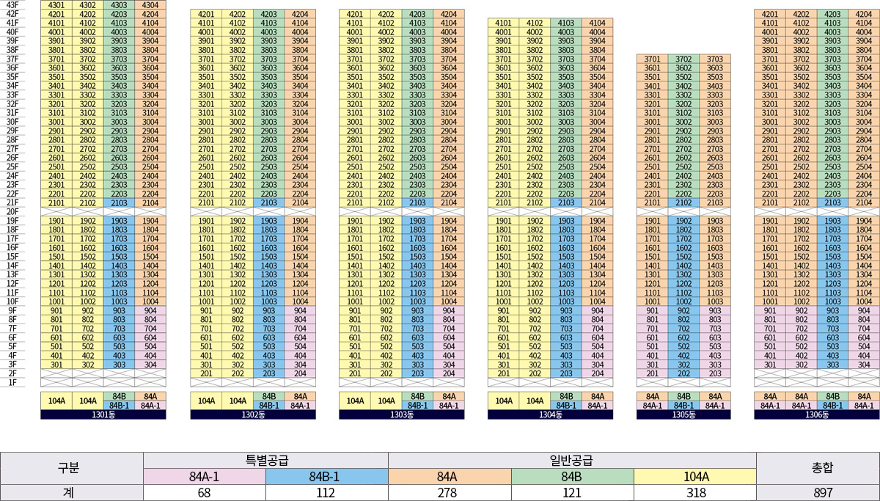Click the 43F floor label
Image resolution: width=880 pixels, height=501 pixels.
point(12,5)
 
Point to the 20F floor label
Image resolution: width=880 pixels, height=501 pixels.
point(12,211)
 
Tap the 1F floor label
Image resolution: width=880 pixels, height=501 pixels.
point(12,382)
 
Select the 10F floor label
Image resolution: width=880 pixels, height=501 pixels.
point(12,301)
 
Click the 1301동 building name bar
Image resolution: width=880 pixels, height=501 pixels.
point(103,414)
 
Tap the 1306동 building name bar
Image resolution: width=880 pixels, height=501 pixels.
point(816,414)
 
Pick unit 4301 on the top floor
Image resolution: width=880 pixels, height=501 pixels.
point(56,5)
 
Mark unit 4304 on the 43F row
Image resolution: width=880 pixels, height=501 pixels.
point(150,5)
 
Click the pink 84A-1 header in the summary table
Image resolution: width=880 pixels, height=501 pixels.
point(205,477)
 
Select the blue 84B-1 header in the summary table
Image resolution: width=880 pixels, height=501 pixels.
point(326,477)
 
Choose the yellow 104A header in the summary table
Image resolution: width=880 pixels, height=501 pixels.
point(694,477)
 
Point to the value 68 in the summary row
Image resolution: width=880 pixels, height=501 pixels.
point(205,493)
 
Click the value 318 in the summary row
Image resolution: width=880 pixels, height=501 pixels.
point(694,493)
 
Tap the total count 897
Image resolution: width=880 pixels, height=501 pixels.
point(818,493)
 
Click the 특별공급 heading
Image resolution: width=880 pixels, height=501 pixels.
point(265,461)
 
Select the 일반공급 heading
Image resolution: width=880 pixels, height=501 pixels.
point(572,461)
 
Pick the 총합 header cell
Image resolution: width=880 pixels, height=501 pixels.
point(818,469)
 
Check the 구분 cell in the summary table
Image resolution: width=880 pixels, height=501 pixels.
point(72,469)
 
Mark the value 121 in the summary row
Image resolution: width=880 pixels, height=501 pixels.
point(572,493)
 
